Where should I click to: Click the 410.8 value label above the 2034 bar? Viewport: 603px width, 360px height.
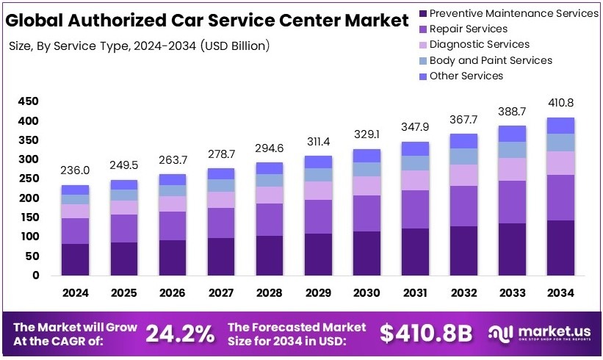click(560, 102)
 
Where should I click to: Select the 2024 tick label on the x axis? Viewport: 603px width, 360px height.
click(76, 292)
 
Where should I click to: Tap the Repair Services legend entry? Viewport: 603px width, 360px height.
click(468, 29)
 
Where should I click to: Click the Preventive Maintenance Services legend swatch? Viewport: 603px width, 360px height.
click(422, 13)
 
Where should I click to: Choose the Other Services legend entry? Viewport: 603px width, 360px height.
click(466, 76)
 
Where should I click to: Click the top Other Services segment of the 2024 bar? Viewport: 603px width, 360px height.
click(76, 190)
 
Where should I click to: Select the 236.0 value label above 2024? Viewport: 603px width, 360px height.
click(76, 170)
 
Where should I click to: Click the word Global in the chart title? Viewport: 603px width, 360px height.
click(37, 20)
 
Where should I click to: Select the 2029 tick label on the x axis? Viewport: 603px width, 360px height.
click(318, 292)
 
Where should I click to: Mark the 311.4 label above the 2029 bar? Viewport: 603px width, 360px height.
click(318, 140)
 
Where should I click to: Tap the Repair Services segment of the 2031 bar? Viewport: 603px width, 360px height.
click(415, 209)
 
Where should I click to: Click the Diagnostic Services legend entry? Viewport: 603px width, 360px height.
click(479, 45)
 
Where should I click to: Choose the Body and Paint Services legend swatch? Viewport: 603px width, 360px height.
click(422, 60)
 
